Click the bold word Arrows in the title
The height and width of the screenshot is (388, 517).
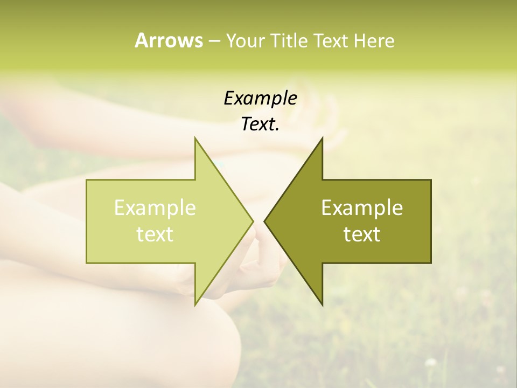[x=169, y=40]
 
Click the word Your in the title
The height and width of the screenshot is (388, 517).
[x=245, y=41]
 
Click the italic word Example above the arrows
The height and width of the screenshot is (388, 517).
[x=260, y=99]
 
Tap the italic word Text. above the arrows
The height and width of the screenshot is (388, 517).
[x=260, y=124]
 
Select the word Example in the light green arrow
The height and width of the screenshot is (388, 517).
[x=155, y=208]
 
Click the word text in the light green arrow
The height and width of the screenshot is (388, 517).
[x=155, y=234]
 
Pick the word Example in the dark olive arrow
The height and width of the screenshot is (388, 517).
[x=362, y=208]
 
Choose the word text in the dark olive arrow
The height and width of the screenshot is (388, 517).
[x=362, y=234]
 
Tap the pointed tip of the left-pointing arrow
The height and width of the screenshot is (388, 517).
[x=264, y=221]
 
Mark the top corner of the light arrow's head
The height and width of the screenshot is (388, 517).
[x=195, y=138]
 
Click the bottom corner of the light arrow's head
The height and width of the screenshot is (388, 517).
[x=195, y=304]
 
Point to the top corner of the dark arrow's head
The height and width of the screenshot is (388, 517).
[x=322, y=138]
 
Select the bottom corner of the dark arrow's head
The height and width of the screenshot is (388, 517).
[x=322, y=304]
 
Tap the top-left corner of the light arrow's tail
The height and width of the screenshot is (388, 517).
[x=87, y=181]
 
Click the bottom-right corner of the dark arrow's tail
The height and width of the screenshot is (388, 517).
[x=430, y=262]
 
